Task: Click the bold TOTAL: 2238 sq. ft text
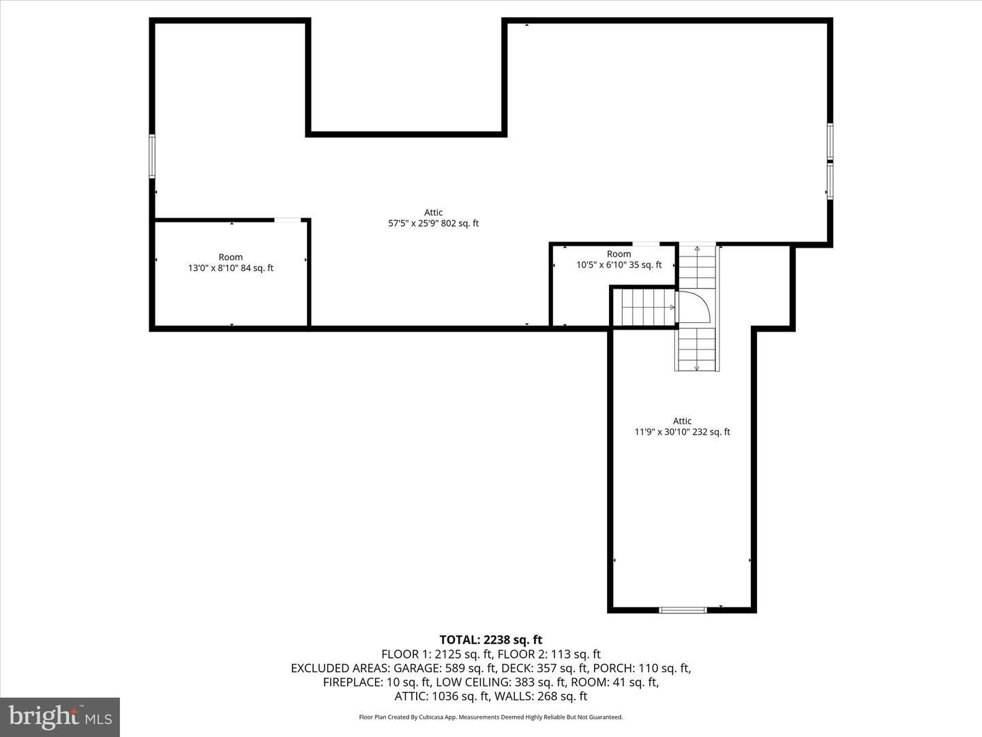pyautogui.click(x=491, y=640)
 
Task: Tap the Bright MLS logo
pyautogui.click(x=60, y=717)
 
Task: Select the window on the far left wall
pyautogui.click(x=152, y=156)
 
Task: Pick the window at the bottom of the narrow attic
pyautogui.click(x=683, y=610)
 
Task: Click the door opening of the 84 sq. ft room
pyautogui.click(x=287, y=220)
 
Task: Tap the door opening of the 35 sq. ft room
pyautogui.click(x=646, y=244)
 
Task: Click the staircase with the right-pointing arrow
pyautogui.click(x=644, y=307)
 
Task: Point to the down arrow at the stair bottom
pyautogui.click(x=696, y=367)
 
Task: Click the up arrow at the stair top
pyautogui.click(x=696, y=249)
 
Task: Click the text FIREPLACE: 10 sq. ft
pyautogui.click(x=376, y=682)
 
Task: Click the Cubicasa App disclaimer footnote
pyautogui.click(x=491, y=717)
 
